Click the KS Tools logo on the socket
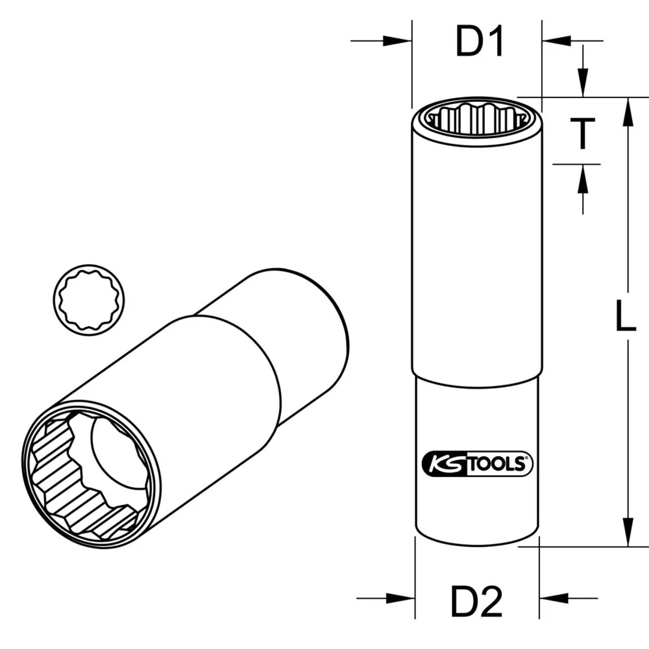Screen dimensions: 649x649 [x=477, y=463]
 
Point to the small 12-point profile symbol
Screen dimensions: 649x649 [x=90, y=299]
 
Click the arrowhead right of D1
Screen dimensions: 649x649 [x=555, y=41]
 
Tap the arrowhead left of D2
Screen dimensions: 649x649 [x=402, y=598]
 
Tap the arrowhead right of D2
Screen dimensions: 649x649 [x=552, y=598]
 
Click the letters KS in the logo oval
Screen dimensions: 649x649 [x=443, y=464]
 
